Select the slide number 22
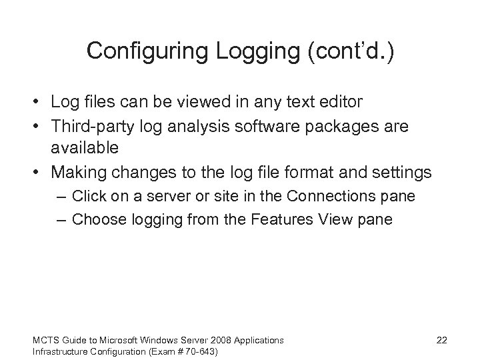point(441,340)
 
